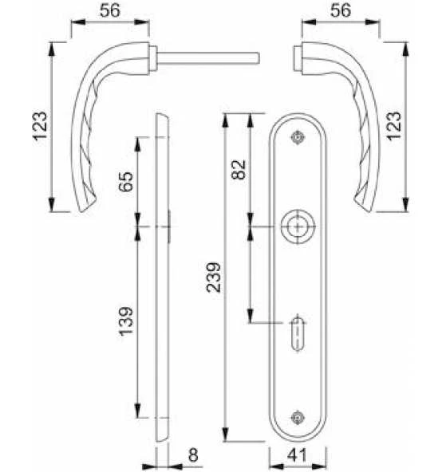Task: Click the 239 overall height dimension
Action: coord(212,277)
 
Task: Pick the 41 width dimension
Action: coord(298,455)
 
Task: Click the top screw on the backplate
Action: coord(298,137)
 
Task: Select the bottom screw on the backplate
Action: coord(298,415)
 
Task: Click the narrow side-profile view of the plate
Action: coord(163,279)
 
